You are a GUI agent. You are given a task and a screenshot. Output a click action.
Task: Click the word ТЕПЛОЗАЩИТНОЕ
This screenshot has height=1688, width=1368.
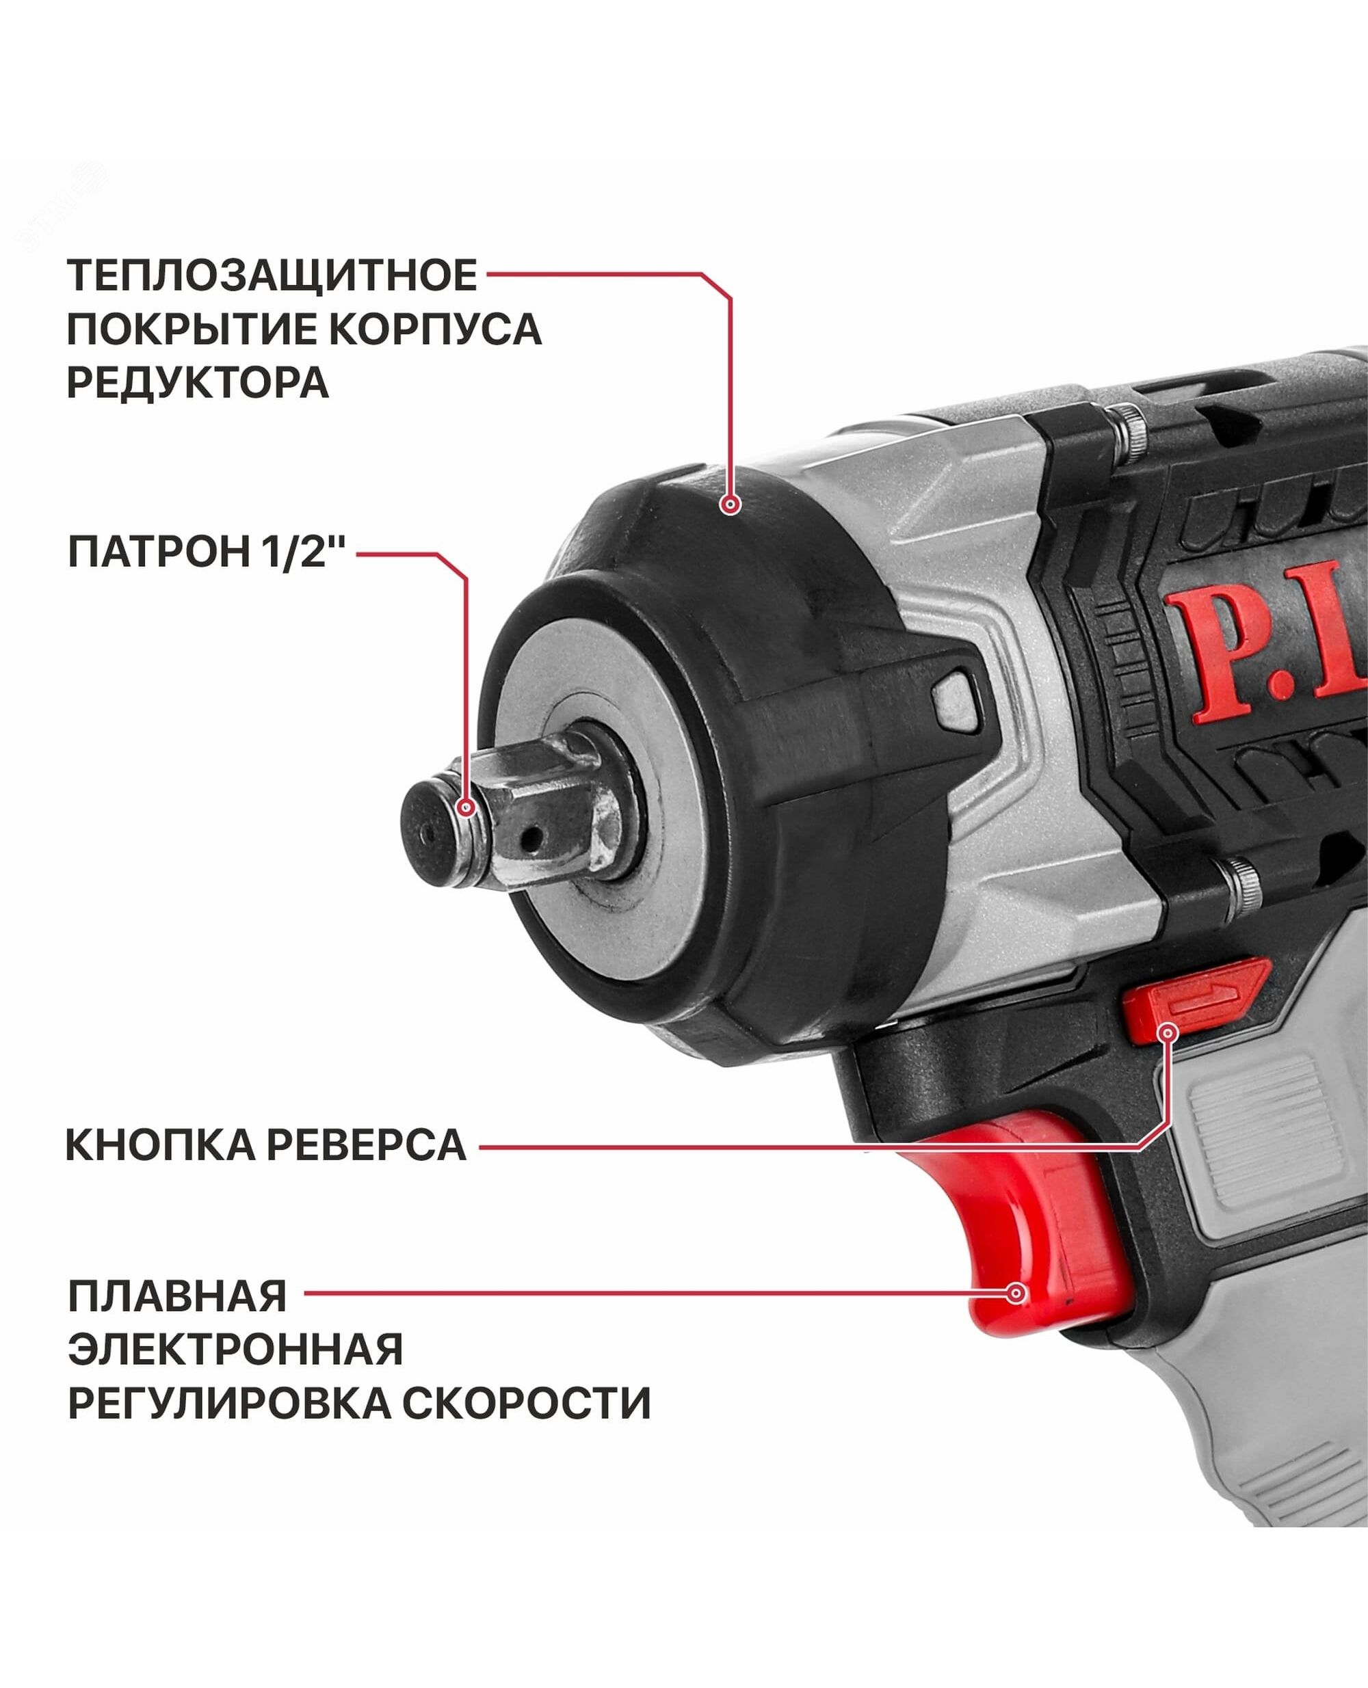coord(272,276)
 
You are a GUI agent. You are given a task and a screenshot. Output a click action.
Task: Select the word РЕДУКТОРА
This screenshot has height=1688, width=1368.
coord(198,383)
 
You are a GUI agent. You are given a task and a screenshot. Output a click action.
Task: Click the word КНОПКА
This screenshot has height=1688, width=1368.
coord(161,1145)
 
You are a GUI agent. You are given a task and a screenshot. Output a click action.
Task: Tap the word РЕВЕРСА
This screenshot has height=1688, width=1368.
coord(367,1145)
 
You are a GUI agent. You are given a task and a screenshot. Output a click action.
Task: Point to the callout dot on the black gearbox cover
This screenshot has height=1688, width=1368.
coord(731,504)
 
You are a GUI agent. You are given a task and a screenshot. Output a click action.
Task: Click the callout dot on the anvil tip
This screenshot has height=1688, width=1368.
coord(466,807)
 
